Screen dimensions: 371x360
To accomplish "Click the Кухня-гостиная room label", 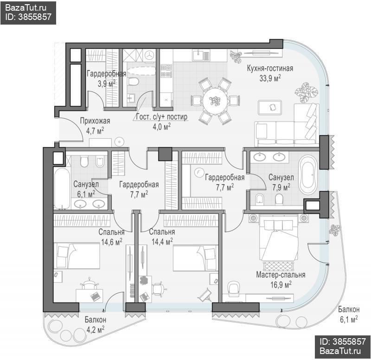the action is [x=270, y=68].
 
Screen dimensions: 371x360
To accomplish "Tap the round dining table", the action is [x=215, y=101].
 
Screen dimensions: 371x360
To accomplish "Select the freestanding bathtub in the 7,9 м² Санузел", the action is [x=308, y=174].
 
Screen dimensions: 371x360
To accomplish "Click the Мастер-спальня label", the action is [x=281, y=275].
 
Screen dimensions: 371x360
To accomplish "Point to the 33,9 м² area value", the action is [x=270, y=78].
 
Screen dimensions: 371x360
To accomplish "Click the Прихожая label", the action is [x=95, y=121].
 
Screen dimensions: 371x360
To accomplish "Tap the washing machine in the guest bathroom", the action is [x=149, y=56].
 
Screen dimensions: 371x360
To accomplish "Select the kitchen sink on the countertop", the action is [x=201, y=55].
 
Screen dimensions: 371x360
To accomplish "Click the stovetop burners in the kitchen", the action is [x=166, y=71].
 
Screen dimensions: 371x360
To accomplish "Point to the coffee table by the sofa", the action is [x=270, y=108].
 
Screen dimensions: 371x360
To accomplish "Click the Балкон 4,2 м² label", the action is [x=96, y=324].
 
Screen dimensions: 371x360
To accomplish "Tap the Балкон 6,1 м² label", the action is [x=349, y=314].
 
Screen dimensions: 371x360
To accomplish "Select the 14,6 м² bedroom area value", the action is [x=112, y=242].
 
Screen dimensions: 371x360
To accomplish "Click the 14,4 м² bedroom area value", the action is [x=162, y=242].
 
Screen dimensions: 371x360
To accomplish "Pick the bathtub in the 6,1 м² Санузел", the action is [x=62, y=188].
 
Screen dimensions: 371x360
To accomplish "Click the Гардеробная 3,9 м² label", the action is [x=106, y=78].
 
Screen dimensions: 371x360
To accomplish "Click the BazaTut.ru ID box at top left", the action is [x=28, y=13].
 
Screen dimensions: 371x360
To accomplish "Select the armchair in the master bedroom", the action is [x=234, y=288].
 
